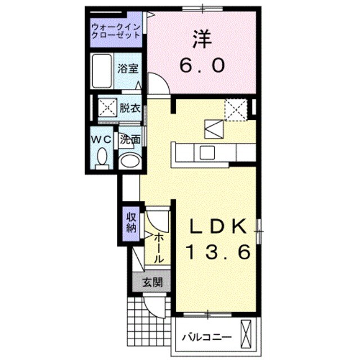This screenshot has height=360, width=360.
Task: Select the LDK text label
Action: click(x=217, y=227)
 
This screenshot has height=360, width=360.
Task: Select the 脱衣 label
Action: click(x=129, y=108)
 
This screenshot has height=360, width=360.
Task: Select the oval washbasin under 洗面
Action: click(x=129, y=161)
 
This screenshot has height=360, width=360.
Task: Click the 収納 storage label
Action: click(x=131, y=223)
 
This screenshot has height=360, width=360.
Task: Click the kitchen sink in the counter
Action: click(x=206, y=152)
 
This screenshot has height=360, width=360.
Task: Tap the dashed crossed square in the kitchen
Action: click(x=236, y=109)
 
